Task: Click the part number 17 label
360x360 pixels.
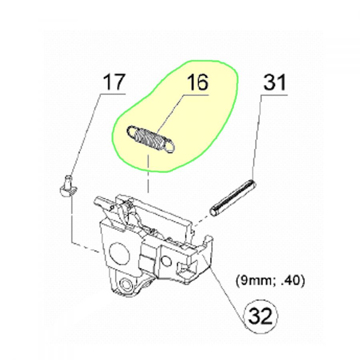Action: pyautogui.click(x=114, y=83)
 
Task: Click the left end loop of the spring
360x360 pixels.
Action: pyautogui.click(x=131, y=131)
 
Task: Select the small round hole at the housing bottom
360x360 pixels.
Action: pyautogui.click(x=126, y=284)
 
